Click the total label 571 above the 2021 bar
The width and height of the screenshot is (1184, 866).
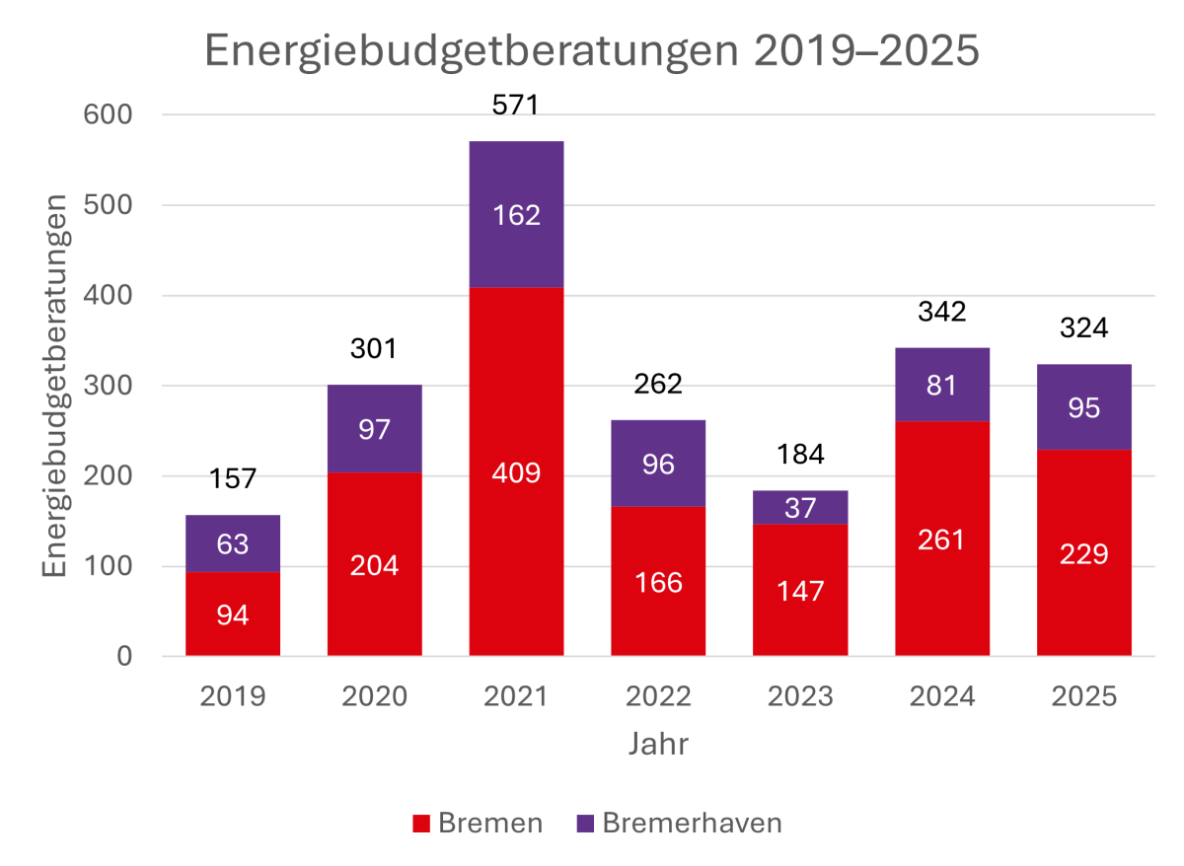[x=516, y=104]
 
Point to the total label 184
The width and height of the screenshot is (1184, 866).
[x=800, y=455]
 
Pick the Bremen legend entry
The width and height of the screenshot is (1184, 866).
[x=478, y=824]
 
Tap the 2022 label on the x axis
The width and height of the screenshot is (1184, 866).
[x=658, y=696]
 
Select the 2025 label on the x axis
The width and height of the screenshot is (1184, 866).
[x=1083, y=696]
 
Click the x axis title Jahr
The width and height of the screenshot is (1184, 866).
[x=658, y=743]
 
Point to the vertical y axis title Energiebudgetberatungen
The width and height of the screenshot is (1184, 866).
[x=57, y=386]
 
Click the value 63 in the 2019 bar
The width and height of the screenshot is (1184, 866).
[x=233, y=543]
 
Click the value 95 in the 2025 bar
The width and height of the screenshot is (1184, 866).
[x=1083, y=407]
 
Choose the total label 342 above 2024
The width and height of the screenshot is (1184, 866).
[x=942, y=312]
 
